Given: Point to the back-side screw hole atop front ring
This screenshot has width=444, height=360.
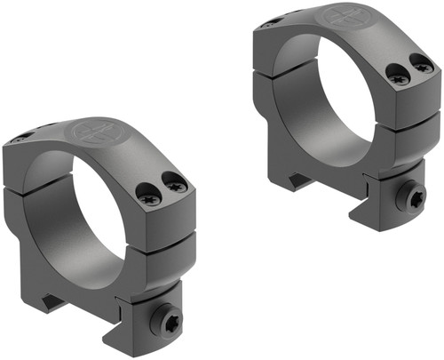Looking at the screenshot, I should (25, 136).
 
